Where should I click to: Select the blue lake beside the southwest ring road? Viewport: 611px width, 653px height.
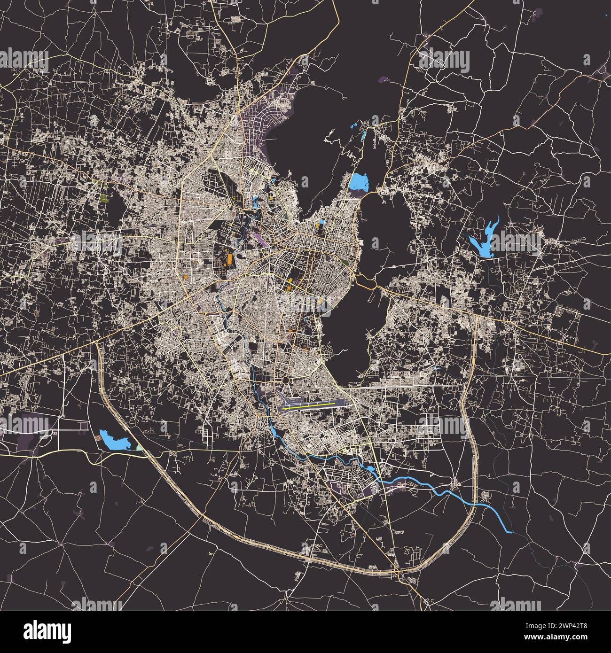(114, 439)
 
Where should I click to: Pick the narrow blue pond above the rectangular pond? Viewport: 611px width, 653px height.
(363, 138)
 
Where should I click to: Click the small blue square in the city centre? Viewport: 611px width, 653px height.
(322, 222)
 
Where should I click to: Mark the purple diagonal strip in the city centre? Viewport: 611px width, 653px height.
(259, 240)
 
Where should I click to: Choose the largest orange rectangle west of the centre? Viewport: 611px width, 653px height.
(229, 259)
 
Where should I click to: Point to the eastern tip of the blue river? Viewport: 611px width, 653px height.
(509, 531)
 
